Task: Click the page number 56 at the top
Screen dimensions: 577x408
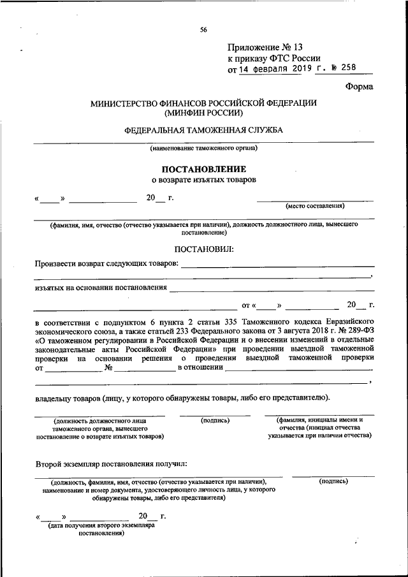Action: (x=203, y=29)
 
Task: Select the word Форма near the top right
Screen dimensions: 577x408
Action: (x=360, y=87)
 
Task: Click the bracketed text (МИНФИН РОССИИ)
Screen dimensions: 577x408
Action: (x=203, y=113)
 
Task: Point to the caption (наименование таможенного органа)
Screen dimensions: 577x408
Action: (x=203, y=149)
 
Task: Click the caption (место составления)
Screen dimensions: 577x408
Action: (x=315, y=206)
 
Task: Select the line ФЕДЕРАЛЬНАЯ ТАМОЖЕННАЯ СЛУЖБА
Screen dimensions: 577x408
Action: (x=203, y=130)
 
